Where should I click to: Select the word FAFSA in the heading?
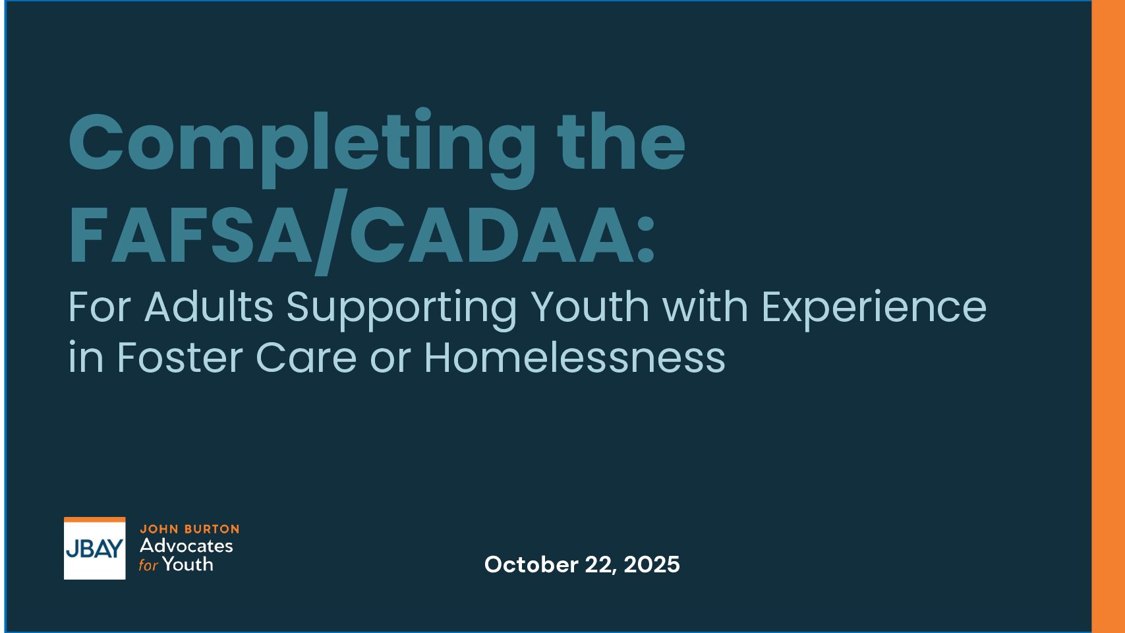[x=190, y=235]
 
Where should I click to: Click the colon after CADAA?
[x=645, y=241]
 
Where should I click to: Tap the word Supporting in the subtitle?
[x=401, y=309]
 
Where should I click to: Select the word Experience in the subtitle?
[x=874, y=309]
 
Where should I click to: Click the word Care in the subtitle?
[x=306, y=357]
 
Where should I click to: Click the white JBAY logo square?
[x=94, y=548]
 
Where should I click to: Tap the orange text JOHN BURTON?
[x=189, y=529]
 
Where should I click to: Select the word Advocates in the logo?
[x=186, y=545]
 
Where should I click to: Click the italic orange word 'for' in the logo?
[x=148, y=565]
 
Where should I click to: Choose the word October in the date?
[x=531, y=564]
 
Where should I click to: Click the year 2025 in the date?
[x=652, y=564]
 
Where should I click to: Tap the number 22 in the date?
[x=600, y=565]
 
